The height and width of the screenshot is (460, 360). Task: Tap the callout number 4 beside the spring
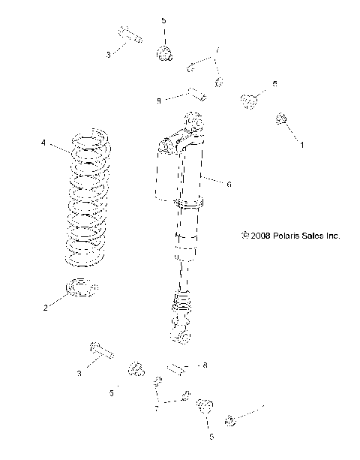(43, 142)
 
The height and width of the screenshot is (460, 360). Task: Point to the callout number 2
(45, 308)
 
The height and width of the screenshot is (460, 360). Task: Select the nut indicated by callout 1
(282, 119)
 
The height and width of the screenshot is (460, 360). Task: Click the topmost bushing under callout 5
(163, 53)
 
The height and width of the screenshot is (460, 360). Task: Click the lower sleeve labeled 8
(176, 368)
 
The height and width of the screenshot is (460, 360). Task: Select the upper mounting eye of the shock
(192, 120)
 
